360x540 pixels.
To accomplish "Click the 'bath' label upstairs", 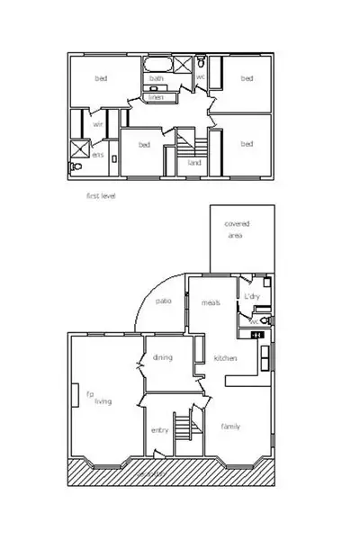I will (157, 79).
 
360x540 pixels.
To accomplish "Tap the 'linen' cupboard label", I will (157, 96).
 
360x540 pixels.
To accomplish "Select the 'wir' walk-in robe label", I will (98, 124).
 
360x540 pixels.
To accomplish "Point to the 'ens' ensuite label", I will (98, 156).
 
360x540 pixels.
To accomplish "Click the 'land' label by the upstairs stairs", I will (193, 163).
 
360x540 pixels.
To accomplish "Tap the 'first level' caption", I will (101, 195).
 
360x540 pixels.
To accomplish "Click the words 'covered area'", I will (238, 229).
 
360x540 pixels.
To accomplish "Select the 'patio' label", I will (163, 301).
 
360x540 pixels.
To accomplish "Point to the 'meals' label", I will (211, 302).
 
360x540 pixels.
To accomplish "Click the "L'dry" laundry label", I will (252, 296).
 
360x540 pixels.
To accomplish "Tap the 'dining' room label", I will (162, 357).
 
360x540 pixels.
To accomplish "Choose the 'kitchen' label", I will (225, 358).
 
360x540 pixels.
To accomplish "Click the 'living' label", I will (103, 401).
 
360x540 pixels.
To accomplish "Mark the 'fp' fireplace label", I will (89, 393).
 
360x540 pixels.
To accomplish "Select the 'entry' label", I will (159, 430).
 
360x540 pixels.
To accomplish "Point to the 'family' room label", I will (230, 427).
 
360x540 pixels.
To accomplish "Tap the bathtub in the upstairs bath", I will (157, 66).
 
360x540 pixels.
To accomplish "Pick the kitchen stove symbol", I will (258, 336).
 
